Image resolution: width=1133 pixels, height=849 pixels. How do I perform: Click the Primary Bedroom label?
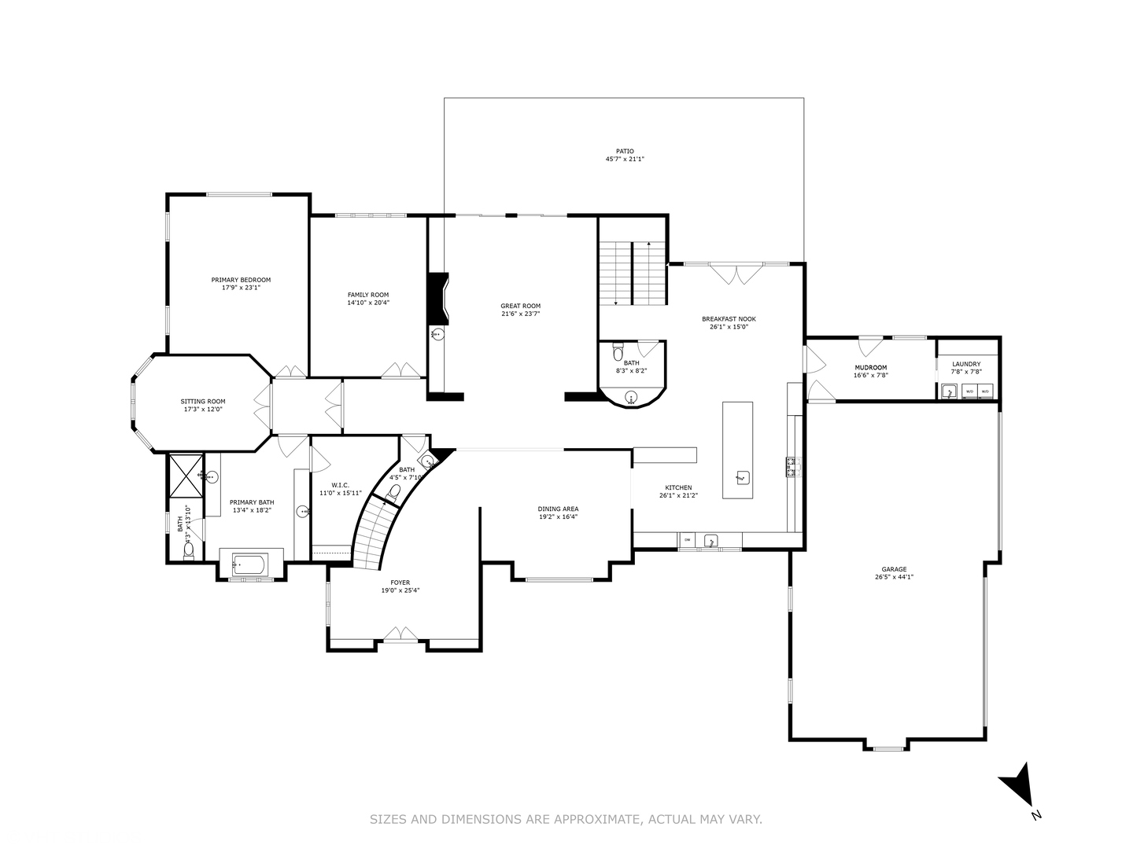point(241,280)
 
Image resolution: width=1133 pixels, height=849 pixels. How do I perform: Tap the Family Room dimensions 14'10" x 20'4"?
point(368,303)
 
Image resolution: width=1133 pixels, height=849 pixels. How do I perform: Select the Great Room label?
point(520,306)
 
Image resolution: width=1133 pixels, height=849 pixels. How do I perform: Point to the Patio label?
point(625,151)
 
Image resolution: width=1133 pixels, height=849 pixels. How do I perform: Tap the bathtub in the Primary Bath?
point(250,565)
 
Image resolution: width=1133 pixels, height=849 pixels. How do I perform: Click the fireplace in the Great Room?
point(437,299)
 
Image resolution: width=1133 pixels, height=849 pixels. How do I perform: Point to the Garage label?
point(894,569)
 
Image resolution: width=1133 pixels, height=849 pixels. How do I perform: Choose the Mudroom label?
point(870,367)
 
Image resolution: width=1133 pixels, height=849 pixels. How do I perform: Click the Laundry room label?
point(966,364)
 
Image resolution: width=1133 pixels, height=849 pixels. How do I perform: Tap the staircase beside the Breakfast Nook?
point(632,274)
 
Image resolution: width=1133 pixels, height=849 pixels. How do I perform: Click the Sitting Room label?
point(203,402)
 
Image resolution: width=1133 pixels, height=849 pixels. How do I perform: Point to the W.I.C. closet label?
point(340,485)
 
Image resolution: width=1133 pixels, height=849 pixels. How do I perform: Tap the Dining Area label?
point(558,509)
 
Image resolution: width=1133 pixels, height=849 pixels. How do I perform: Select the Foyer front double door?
point(401,634)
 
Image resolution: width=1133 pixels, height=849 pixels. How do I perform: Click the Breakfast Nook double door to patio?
point(736,274)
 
